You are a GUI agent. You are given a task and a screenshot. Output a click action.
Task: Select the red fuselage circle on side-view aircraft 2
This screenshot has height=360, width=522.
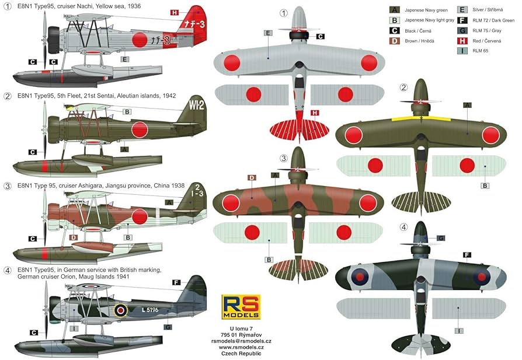tap(139, 130)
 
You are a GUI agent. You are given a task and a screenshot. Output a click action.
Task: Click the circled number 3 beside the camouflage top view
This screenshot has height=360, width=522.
tap(284, 158)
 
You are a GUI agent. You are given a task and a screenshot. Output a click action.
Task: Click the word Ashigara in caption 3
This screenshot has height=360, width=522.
tap(86, 186)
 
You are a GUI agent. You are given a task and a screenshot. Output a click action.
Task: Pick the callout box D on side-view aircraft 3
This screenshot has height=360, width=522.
tap(73, 237)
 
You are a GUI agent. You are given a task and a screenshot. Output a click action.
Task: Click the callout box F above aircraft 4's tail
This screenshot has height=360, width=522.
tap(176, 282)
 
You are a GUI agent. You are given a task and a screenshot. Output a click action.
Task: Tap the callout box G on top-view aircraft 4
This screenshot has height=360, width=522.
tap(441, 238)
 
